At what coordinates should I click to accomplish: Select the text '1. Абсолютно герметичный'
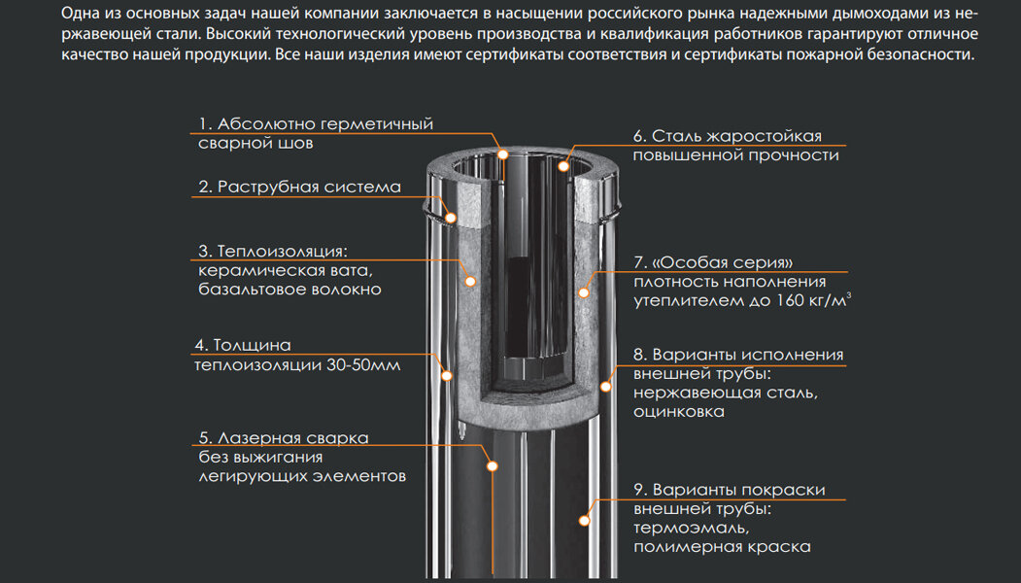[x=316, y=124]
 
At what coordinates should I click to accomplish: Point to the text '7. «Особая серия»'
[x=713, y=262]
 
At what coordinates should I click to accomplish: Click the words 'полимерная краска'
[x=722, y=547]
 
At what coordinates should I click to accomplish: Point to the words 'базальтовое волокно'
[x=289, y=290]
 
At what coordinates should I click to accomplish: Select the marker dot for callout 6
[x=566, y=166]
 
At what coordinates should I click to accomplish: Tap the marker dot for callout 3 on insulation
[x=470, y=280]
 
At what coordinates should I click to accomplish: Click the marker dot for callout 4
[x=448, y=374]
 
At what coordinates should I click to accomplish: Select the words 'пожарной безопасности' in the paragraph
[x=892, y=55]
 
